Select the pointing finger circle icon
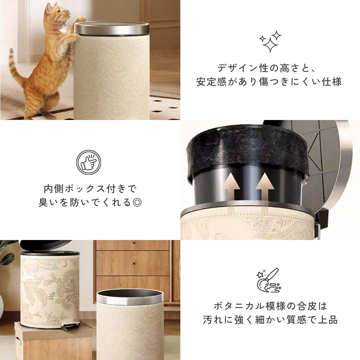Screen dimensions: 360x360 89,162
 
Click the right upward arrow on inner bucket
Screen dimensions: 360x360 265,187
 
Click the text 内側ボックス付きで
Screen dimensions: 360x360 90,189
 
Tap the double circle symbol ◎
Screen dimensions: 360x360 137,202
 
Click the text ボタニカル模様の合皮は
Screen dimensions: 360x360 270,306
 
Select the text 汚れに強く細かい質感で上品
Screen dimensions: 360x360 270,320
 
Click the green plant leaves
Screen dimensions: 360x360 7,253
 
